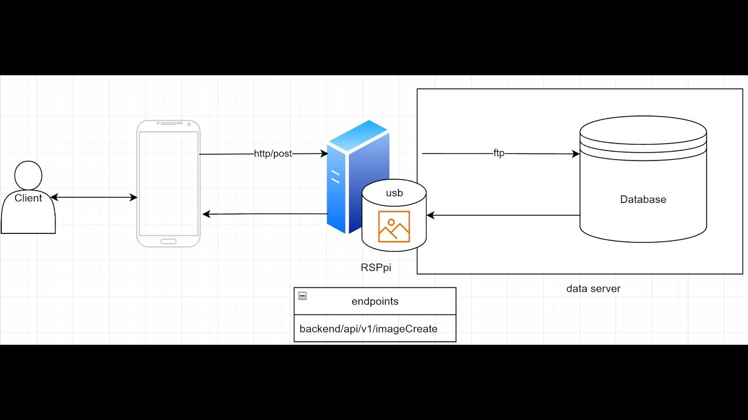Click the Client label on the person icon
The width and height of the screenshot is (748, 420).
[x=29, y=198]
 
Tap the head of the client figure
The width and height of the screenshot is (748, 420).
[x=28, y=175]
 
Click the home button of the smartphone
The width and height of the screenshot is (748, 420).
[x=168, y=241]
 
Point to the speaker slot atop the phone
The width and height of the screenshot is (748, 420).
[x=168, y=124]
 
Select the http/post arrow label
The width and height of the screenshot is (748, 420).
[x=273, y=154]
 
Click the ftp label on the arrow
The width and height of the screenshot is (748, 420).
[x=498, y=154]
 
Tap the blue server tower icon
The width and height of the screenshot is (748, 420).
[x=351, y=169]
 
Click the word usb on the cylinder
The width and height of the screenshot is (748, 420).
[x=394, y=193]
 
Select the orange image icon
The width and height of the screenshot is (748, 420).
[x=394, y=226]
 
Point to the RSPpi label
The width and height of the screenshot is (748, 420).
[x=376, y=268]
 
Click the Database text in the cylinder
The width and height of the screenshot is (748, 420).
[x=643, y=199]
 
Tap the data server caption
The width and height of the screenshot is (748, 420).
[x=593, y=289]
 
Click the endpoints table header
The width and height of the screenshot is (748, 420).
[x=375, y=302]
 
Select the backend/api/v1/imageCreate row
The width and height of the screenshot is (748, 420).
[x=369, y=329]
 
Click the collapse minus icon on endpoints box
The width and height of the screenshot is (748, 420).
[x=303, y=296]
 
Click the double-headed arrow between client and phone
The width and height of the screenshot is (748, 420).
[x=93, y=198]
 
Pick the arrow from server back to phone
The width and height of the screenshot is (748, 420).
[x=266, y=214]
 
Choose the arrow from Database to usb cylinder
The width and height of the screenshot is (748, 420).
[x=503, y=215]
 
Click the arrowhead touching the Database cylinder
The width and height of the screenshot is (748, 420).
[x=576, y=154]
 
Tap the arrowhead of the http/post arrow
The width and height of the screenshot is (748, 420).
[x=324, y=154]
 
